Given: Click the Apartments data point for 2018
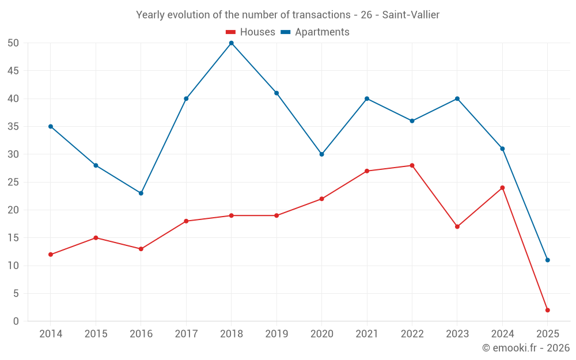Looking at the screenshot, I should (231, 43).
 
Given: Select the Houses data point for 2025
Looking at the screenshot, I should (547, 310).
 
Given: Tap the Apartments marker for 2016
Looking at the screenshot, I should (141, 193).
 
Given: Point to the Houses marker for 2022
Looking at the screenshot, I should (412, 165).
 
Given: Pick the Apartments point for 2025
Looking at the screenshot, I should (547, 260).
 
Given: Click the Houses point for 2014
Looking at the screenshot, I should (51, 255).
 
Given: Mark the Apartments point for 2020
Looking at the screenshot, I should (321, 154).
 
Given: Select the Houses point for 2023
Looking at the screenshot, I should (457, 226).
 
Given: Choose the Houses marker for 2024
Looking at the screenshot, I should (502, 188).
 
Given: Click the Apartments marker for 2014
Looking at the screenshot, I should (51, 127).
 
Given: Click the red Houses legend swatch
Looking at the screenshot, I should (230, 32).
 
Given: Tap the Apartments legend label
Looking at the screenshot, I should (322, 32).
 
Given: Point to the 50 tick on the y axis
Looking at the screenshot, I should (13, 43).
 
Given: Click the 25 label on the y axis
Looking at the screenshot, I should (13, 182).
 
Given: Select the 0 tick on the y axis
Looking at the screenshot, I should (16, 321).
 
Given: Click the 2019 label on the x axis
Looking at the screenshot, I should (276, 334).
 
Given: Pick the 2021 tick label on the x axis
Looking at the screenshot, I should (367, 334).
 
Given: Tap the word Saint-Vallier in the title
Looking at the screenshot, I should (411, 15).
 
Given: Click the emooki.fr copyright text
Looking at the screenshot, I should (526, 348).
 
